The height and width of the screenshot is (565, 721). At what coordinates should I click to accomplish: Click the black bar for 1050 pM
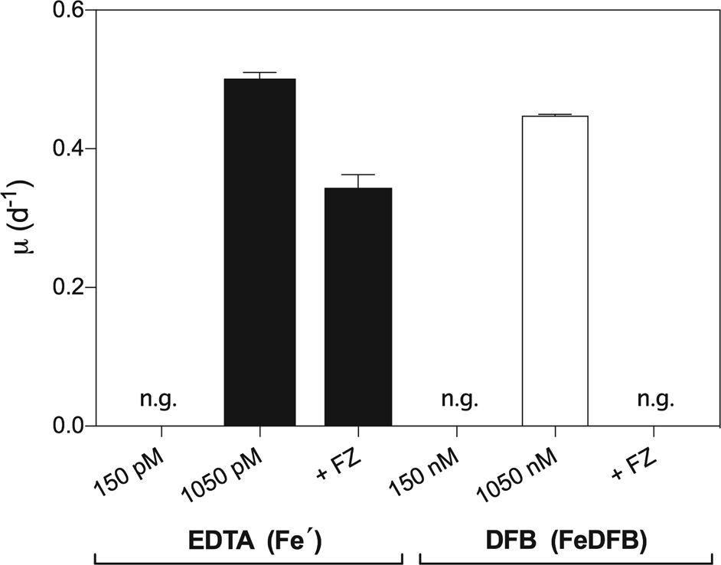[259, 252]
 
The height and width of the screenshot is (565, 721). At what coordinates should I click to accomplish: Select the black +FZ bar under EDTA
[358, 306]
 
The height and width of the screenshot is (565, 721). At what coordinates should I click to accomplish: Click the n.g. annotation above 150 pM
[158, 399]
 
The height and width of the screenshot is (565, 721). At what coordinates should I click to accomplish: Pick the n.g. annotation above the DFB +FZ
[655, 399]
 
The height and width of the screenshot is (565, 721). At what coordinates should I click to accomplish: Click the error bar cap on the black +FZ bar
[358, 175]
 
